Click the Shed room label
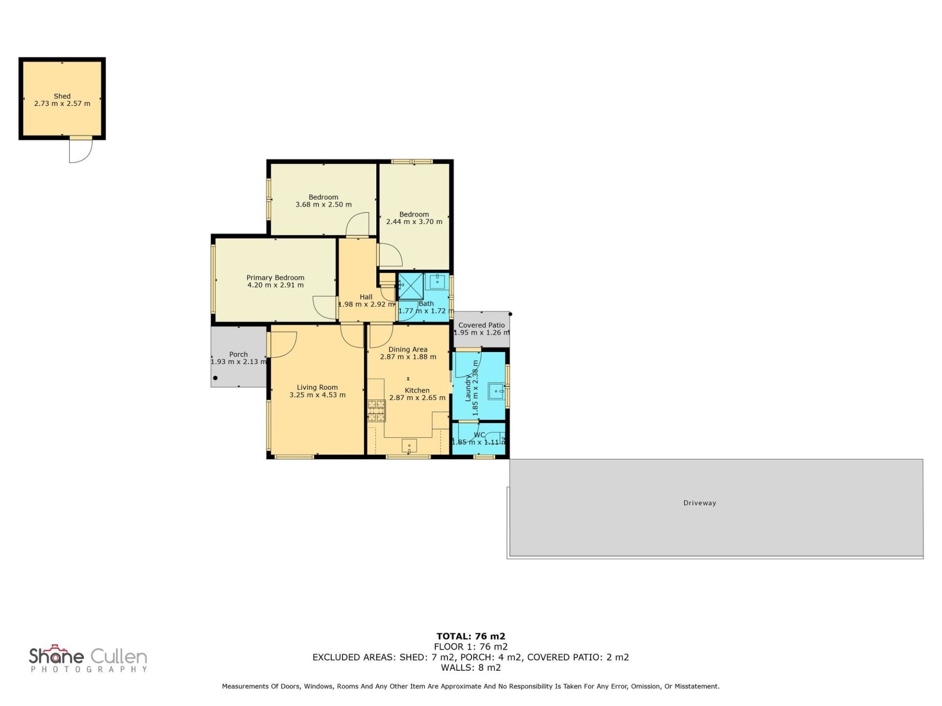62,96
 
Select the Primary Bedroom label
275,277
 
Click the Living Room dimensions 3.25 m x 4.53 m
317,395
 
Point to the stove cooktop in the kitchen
376,411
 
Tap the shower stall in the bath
410,286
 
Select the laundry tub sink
497,391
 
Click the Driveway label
700,503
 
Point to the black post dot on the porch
215,378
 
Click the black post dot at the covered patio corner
510,314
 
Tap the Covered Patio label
481,325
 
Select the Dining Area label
408,350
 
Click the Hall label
366,297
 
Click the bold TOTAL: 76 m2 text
471,636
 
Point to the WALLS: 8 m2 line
471,667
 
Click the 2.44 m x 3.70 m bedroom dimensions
414,222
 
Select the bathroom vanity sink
437,281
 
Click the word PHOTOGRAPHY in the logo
89,669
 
